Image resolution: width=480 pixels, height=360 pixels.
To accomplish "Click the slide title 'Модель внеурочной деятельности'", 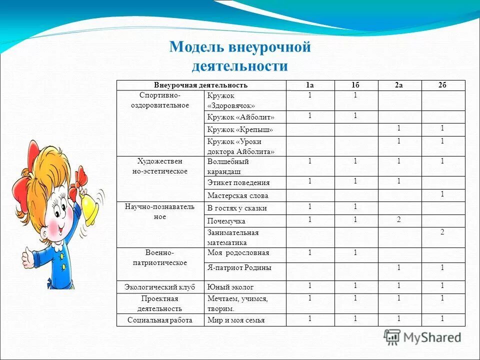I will click(240, 56).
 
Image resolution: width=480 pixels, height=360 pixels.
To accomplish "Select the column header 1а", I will click(310, 85).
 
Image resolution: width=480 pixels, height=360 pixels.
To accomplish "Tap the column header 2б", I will click(442, 85).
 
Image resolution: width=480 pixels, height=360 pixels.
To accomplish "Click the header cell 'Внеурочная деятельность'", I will click(200, 85).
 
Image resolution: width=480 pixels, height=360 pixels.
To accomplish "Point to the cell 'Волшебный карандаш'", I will click(228, 166).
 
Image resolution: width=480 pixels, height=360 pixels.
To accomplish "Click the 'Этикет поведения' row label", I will click(238, 183).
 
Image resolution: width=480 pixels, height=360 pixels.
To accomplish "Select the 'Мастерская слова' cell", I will click(238, 196).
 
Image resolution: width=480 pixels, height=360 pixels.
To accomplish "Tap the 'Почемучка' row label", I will click(226, 221).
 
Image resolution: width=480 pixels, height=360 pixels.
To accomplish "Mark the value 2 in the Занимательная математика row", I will click(442, 232).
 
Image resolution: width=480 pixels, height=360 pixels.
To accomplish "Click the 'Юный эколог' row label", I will click(230, 287).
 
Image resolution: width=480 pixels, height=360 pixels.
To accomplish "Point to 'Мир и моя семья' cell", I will click(236, 320).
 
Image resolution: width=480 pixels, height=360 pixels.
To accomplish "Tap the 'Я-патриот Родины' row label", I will click(239, 268).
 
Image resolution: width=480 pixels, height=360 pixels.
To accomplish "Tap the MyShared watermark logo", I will click(422, 337).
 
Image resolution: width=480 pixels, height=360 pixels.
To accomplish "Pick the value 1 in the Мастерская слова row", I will click(442, 194).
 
